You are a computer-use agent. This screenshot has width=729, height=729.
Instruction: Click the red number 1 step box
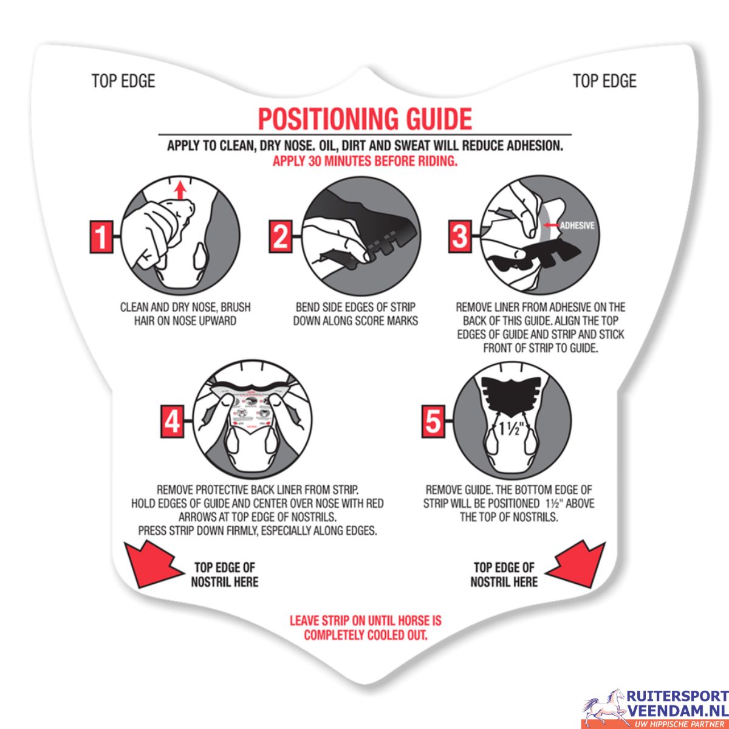click(101, 236)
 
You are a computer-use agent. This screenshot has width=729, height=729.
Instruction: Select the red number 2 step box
click(280, 236)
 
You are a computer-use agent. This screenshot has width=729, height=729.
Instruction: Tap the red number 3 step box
click(460, 236)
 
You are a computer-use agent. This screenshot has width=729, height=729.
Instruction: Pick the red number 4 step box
click(173, 422)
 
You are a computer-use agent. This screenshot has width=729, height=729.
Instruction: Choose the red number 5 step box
click(433, 422)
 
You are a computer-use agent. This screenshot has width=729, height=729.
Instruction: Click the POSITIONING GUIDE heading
click(364, 119)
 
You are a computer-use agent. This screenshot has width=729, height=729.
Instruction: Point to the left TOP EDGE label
click(123, 81)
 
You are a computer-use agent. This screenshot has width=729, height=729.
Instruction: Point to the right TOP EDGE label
click(604, 81)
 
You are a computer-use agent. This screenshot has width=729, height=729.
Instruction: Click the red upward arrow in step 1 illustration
click(182, 190)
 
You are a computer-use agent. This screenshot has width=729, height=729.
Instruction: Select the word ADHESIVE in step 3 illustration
click(577, 225)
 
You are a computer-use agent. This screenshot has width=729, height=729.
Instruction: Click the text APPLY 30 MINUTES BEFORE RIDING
click(364, 161)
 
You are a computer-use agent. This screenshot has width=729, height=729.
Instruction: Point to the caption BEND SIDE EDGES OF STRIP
click(355, 307)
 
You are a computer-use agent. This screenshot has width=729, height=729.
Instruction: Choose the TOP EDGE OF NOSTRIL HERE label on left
click(225, 574)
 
